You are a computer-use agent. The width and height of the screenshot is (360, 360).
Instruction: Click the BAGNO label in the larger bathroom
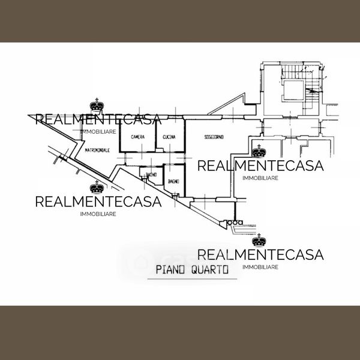pos(174,181)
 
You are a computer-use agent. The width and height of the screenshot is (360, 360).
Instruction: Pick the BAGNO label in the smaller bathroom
pos(151,174)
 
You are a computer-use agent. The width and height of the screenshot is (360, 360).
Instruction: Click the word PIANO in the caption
pos(169,270)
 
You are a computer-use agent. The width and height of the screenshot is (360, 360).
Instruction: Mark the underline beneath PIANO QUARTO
pos(192,279)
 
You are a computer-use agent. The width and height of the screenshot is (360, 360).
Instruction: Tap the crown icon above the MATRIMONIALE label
pos(96,106)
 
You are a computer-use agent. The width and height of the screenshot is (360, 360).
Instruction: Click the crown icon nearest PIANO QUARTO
pos(259,241)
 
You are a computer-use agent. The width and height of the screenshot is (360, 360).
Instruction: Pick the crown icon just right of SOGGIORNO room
pos(259,151)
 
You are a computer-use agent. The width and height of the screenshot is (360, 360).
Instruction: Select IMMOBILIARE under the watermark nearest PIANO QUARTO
pos(260,266)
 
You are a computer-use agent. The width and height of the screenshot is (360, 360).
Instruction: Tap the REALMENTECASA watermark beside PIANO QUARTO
pos(260,254)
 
